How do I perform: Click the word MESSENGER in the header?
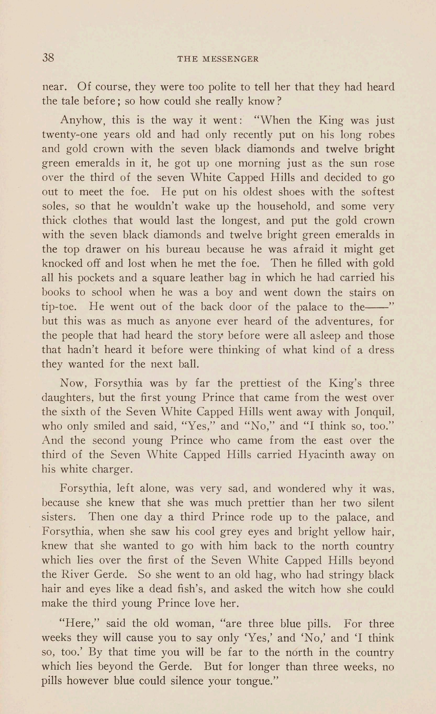click(231, 59)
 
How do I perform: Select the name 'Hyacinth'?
click(321, 454)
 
